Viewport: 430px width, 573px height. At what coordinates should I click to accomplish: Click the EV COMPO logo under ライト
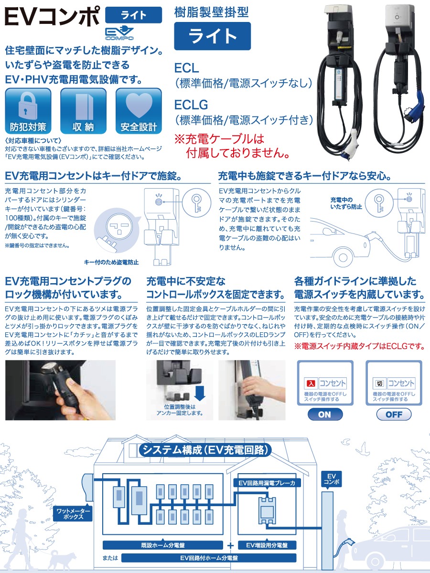click(119, 33)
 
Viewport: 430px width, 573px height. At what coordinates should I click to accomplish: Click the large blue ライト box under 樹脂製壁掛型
click(212, 36)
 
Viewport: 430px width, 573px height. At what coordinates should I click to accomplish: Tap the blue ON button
click(324, 414)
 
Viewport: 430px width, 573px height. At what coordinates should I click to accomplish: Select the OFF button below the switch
click(394, 414)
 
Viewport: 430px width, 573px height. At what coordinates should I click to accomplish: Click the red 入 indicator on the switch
click(310, 383)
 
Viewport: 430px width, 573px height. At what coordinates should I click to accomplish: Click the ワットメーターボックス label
click(72, 514)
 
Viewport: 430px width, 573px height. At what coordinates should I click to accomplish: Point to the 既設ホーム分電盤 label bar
click(163, 545)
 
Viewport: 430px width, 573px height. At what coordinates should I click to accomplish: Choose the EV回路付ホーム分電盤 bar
click(209, 558)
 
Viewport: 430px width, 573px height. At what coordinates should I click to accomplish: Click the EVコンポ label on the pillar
click(332, 478)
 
